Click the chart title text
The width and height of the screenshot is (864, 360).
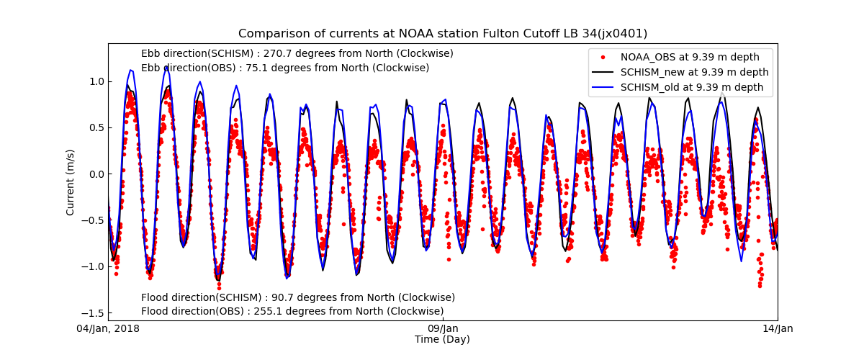click(x=443, y=34)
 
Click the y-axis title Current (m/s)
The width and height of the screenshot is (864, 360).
click(x=71, y=181)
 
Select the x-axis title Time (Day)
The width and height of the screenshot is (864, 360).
click(x=442, y=339)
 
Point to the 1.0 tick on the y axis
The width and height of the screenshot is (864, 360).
click(x=95, y=81)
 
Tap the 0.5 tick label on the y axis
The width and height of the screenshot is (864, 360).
click(x=95, y=127)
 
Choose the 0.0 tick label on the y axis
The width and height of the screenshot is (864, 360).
click(x=95, y=174)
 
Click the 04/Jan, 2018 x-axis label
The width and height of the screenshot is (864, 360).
click(x=109, y=329)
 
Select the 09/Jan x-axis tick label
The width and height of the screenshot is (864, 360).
click(x=443, y=329)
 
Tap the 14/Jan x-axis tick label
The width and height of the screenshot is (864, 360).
click(x=778, y=329)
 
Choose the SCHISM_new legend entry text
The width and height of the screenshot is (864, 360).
click(x=694, y=72)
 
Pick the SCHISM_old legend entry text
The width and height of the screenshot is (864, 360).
click(x=692, y=87)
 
